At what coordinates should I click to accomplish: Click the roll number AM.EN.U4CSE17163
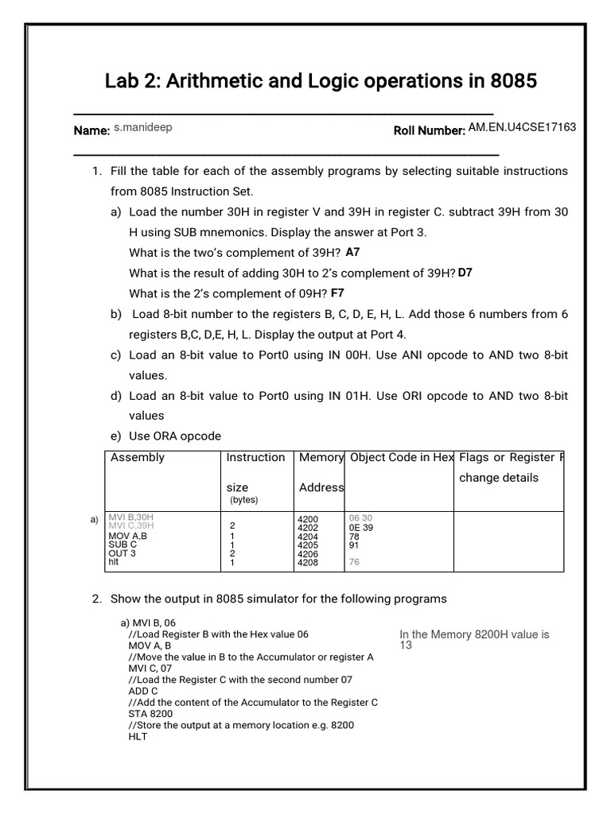[x=522, y=127]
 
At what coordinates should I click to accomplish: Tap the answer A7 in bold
[x=353, y=252]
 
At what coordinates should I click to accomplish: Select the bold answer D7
[x=465, y=273]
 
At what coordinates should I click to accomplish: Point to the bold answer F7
[x=338, y=293]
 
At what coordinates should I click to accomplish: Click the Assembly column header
[x=138, y=457]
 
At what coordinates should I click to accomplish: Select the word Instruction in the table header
[x=255, y=457]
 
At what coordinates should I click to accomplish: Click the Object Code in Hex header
[x=402, y=457]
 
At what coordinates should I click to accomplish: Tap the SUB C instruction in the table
[x=123, y=545]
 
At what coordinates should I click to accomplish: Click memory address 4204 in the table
[x=308, y=536]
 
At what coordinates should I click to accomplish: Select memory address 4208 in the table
[x=308, y=563]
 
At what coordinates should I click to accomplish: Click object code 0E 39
[x=360, y=527]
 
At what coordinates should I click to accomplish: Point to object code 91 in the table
[x=355, y=545]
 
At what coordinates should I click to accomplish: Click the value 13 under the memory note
[x=406, y=645]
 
